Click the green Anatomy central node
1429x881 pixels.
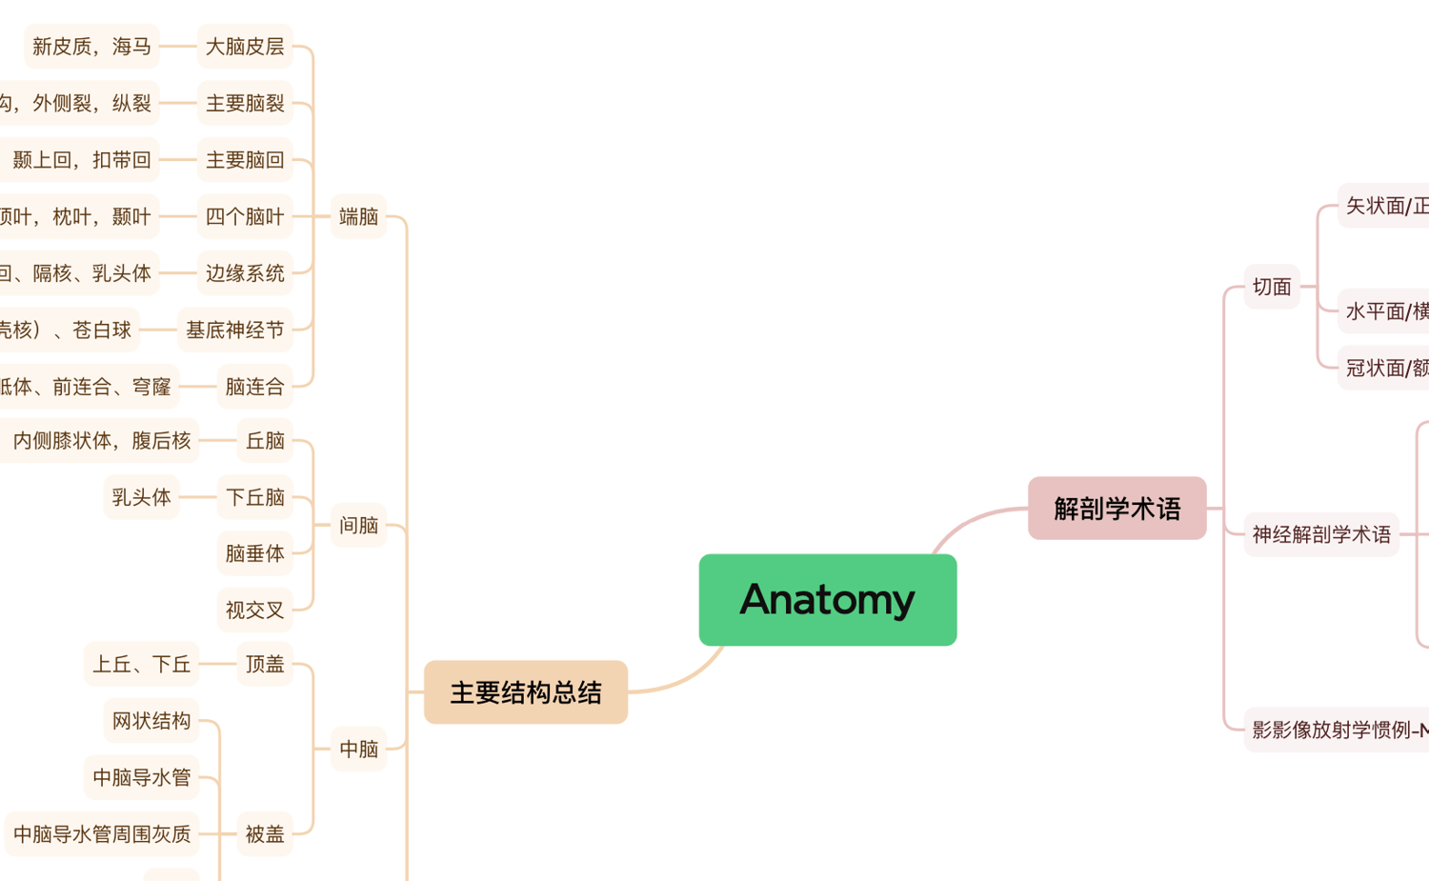827,599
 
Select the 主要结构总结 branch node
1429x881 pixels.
525,692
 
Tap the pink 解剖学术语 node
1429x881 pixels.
1117,509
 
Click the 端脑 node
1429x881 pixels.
358,216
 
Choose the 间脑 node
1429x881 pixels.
358,525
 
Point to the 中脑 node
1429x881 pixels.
358,749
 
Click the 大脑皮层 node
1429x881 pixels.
245,46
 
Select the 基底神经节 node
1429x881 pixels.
234,330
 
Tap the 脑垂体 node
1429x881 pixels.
254,553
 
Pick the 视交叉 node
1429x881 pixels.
254,610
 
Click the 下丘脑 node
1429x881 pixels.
254,497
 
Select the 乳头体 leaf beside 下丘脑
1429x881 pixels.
141,497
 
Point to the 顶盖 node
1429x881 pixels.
265,664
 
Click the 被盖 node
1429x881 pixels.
265,834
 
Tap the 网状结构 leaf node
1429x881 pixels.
151,721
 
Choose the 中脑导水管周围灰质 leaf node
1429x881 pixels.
102,834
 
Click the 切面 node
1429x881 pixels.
1272,287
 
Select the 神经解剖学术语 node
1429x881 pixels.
1321,534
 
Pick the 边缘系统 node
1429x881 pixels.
245,273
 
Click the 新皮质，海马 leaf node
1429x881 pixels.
91,46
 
